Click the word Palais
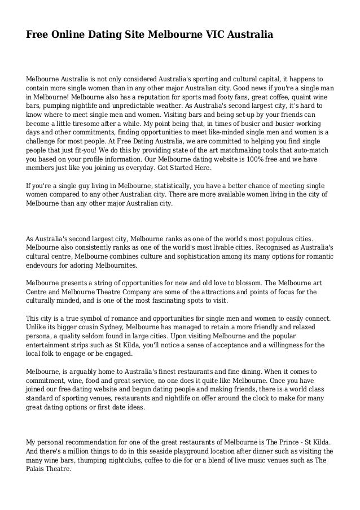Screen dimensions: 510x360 click(38, 469)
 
